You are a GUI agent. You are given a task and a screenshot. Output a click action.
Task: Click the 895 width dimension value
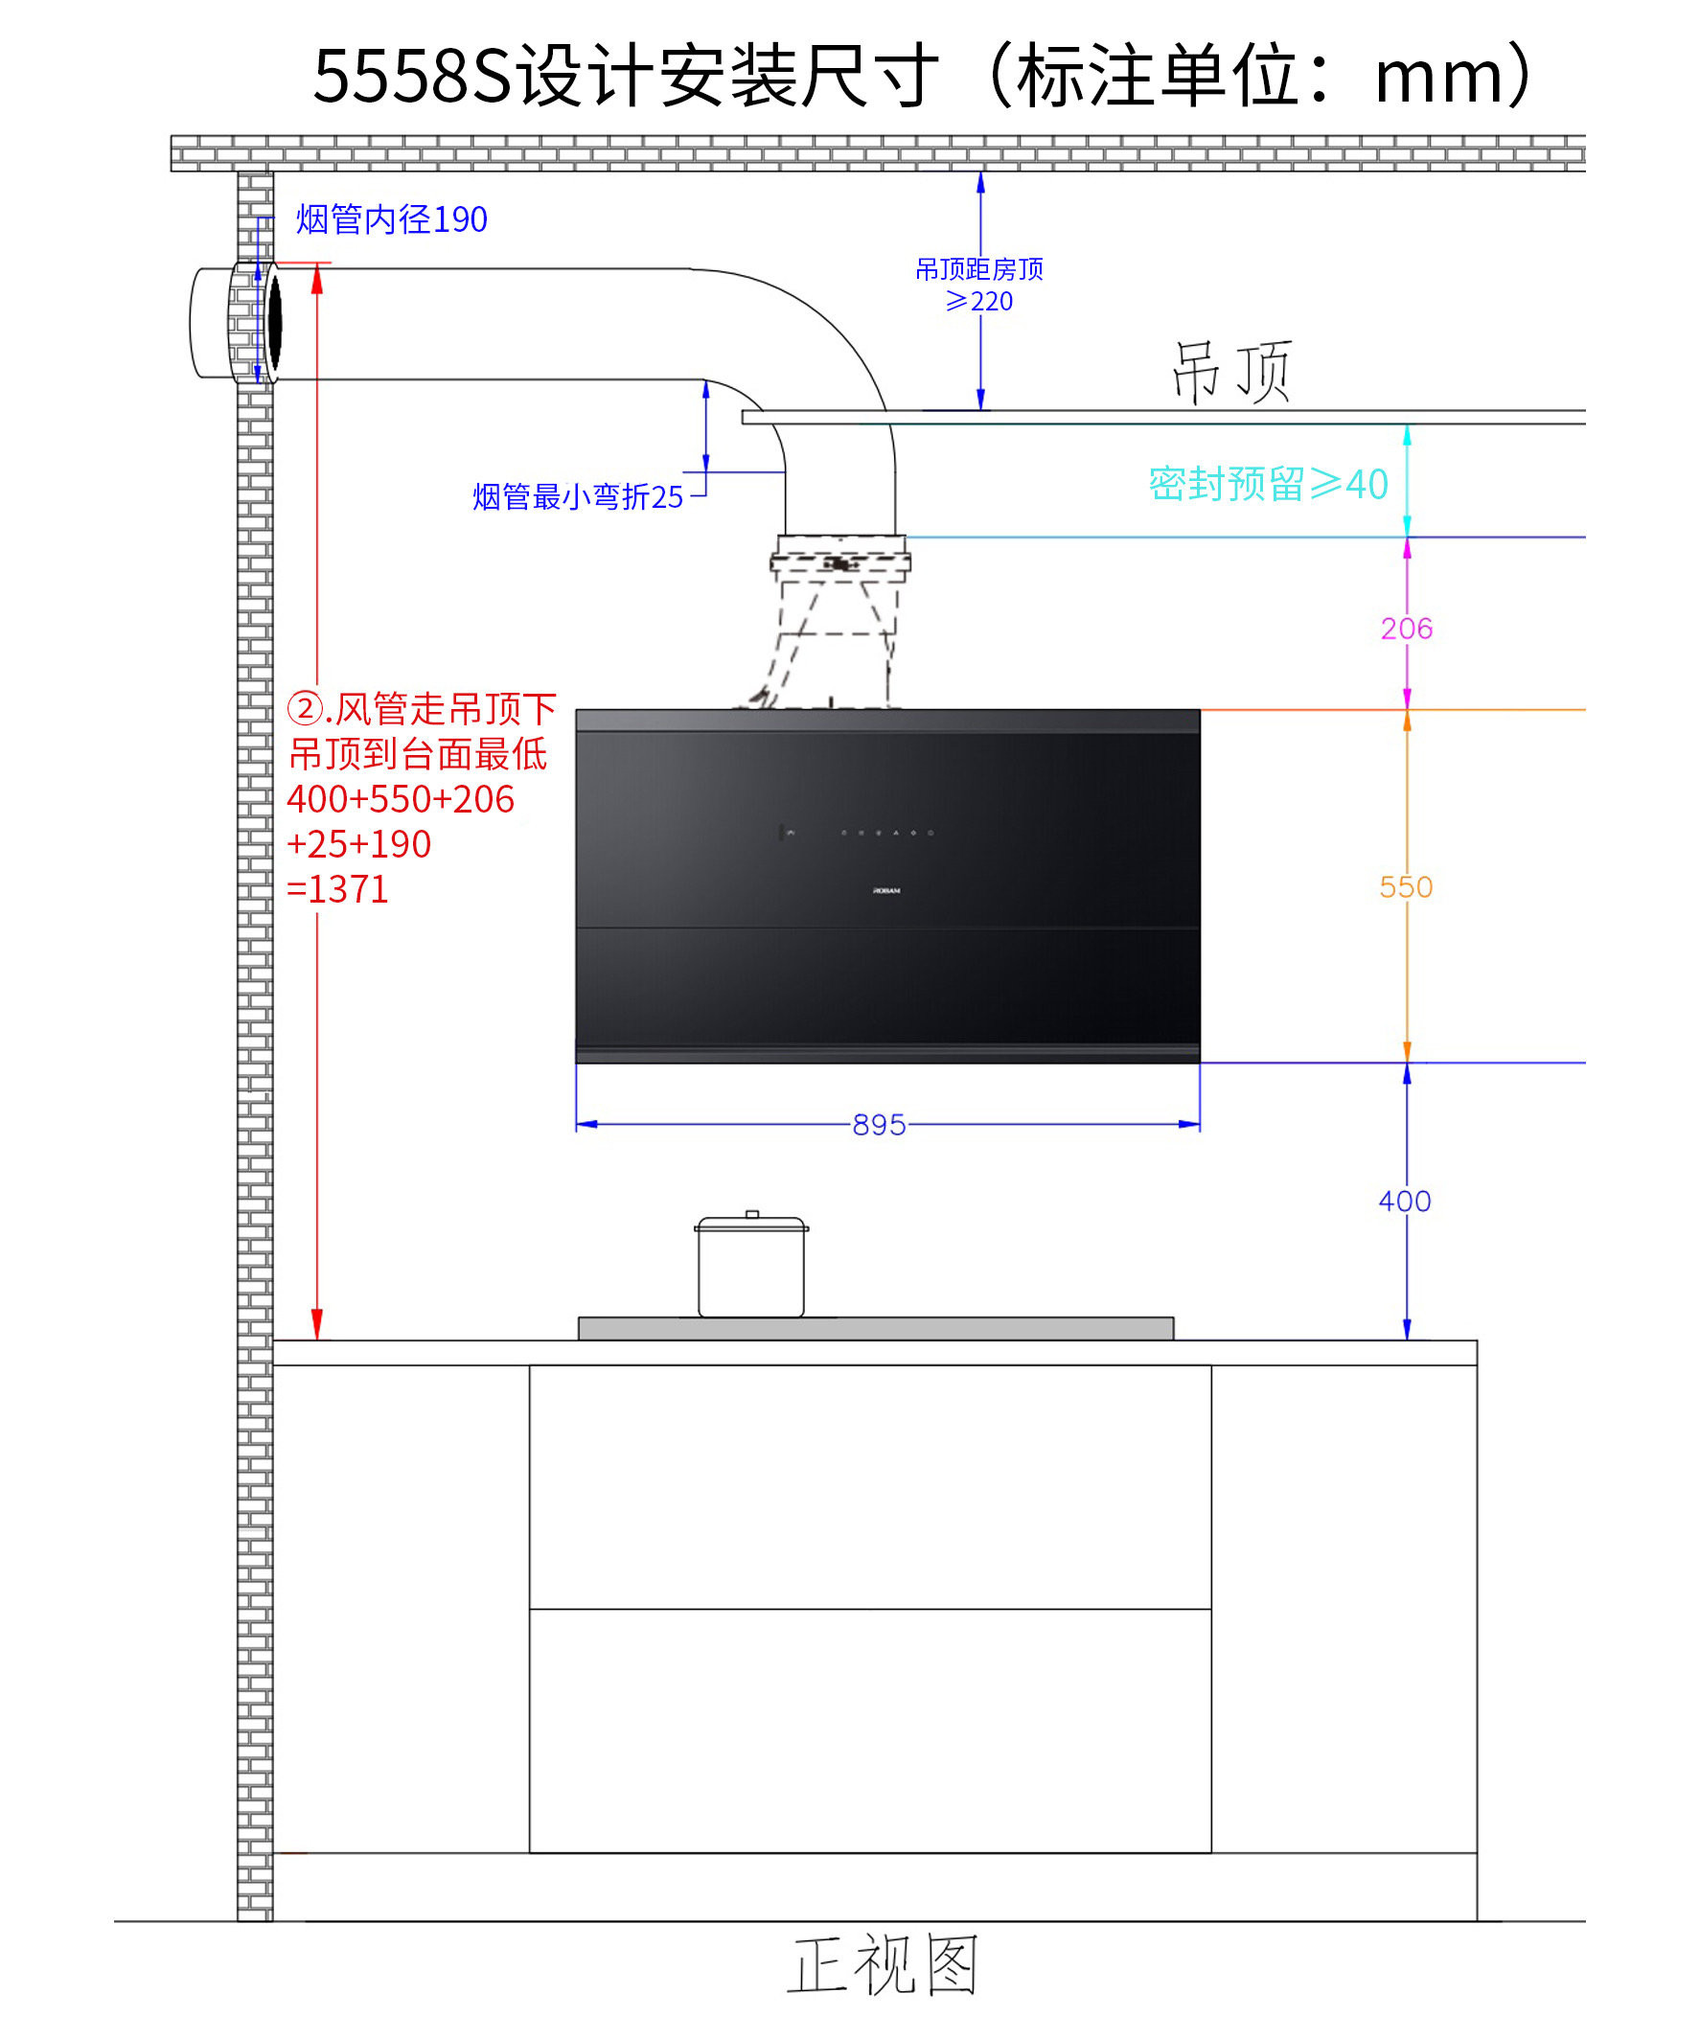pos(879,1124)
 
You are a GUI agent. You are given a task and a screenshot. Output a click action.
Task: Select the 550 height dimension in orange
pos(1405,886)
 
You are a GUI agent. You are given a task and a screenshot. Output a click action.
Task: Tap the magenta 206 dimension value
pos(1406,629)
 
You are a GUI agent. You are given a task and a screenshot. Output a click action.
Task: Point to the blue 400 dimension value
pos(1404,1201)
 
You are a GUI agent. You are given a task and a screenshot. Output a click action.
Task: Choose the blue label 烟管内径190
pos(391,219)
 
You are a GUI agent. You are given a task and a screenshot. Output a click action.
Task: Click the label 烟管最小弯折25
pos(578,496)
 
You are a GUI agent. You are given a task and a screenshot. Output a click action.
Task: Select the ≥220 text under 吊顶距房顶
pos(978,301)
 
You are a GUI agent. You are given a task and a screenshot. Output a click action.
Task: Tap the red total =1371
pos(338,889)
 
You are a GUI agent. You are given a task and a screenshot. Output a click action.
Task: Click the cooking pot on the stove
pos(750,1267)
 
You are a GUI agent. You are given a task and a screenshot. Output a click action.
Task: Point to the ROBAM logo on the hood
pos(885,890)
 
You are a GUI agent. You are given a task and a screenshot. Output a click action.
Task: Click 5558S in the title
pos(412,76)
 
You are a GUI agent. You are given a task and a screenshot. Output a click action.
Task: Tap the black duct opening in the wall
pos(275,322)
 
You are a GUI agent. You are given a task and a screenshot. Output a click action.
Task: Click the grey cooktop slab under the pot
pos(875,1328)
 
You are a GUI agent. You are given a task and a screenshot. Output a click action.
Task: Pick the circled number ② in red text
pos(305,708)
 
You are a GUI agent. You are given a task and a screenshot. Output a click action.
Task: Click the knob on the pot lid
pos(751,1214)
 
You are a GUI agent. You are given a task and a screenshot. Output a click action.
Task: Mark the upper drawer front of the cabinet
pos(869,1486)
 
